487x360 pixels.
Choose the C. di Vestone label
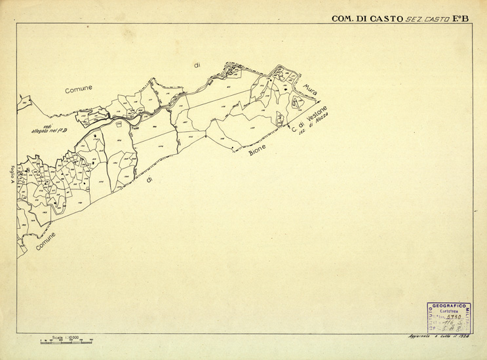(309, 119)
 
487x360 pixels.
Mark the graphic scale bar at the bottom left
(66, 342)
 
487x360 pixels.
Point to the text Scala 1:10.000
(66, 337)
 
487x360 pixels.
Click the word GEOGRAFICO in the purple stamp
(449, 306)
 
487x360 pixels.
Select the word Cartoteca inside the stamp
(449, 311)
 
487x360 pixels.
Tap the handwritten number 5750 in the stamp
(452, 317)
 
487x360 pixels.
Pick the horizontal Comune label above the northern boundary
(79, 88)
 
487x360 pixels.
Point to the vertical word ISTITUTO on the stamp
(430, 319)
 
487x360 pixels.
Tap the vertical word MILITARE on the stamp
(468, 319)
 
